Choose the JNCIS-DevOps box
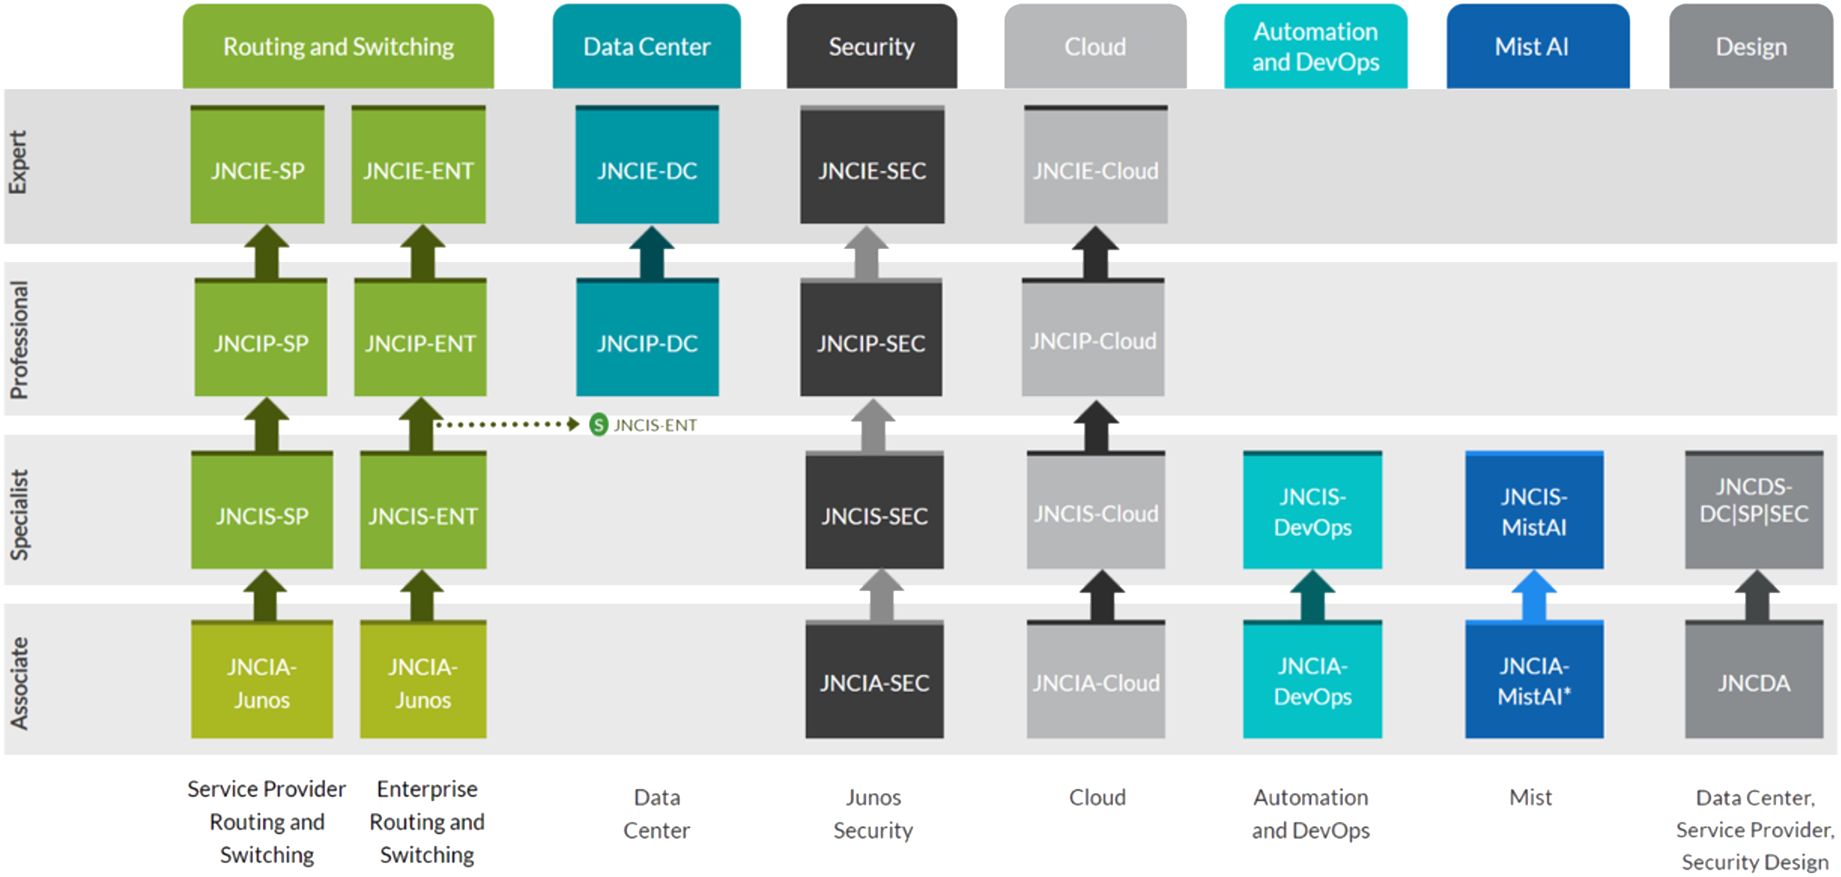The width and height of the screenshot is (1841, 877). pyautogui.click(x=1312, y=511)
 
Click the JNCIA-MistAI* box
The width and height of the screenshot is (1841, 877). pyautogui.click(x=1534, y=681)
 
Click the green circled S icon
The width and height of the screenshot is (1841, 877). pyautogui.click(x=598, y=425)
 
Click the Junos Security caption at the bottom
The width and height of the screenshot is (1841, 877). pyautogui.click(x=873, y=814)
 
